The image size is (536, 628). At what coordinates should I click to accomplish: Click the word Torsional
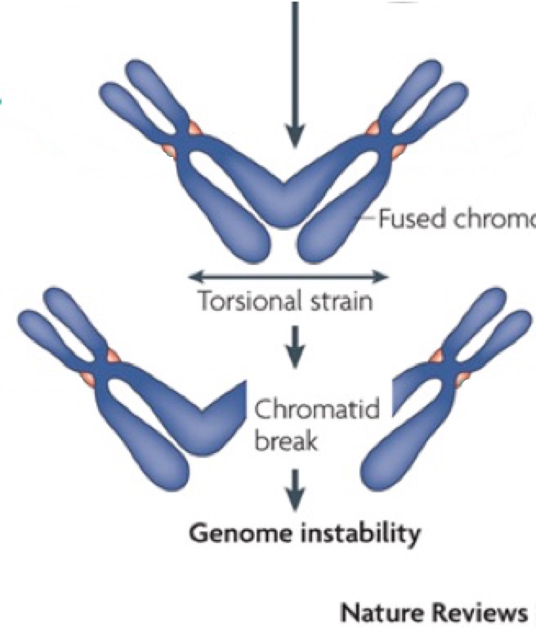(x=239, y=302)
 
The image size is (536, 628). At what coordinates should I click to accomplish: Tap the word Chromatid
(x=318, y=408)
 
